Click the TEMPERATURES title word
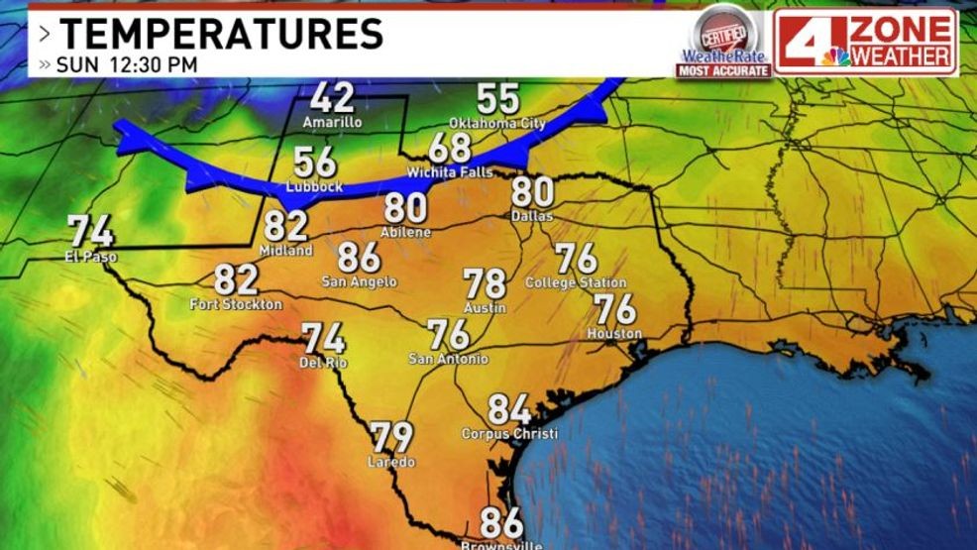(x=221, y=34)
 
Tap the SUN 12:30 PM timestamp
(x=126, y=64)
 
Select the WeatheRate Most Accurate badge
(x=723, y=43)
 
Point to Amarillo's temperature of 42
(x=332, y=98)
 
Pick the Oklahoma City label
(x=497, y=123)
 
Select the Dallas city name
(x=533, y=215)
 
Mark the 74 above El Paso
(x=90, y=232)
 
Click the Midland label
(x=285, y=251)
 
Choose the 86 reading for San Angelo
(x=359, y=258)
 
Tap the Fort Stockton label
(x=236, y=304)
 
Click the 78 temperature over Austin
(x=486, y=284)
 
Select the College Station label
(x=576, y=282)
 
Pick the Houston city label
(x=614, y=334)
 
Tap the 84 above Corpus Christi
(x=509, y=409)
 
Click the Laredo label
(x=391, y=462)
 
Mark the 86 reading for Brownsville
(x=501, y=521)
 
